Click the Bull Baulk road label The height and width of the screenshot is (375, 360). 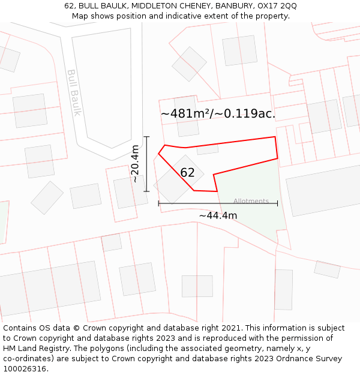pos(73,93)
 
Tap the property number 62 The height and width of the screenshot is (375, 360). pos(187,173)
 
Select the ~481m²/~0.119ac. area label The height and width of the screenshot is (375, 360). pos(218,113)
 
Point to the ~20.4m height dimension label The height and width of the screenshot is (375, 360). pos(135,164)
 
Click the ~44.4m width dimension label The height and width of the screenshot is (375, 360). pos(218,215)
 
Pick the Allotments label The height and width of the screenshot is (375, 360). pos(251,201)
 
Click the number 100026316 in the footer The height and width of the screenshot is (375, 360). pos(26,369)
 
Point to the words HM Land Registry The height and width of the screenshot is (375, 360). pos(34,349)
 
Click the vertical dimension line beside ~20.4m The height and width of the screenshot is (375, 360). pos(146,164)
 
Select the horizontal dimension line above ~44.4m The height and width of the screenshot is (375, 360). pos(218,204)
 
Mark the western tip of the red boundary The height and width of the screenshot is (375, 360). pos(158,154)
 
